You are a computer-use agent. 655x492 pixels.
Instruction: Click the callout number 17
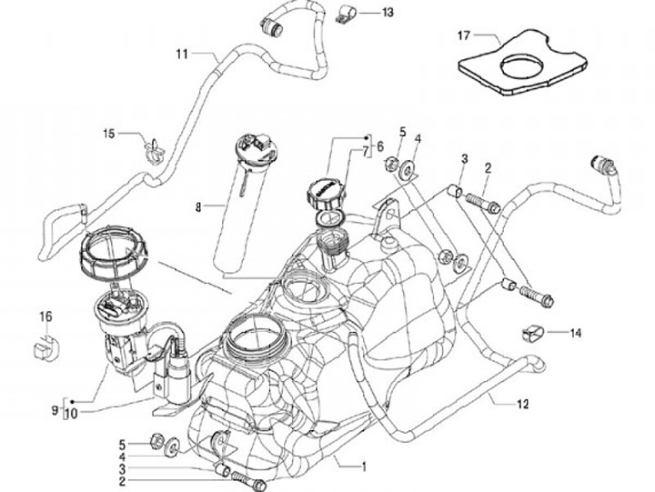(463, 35)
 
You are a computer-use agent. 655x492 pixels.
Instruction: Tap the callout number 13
(388, 13)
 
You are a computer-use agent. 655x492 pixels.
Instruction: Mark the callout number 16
(45, 316)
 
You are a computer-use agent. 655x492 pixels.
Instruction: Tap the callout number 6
(379, 145)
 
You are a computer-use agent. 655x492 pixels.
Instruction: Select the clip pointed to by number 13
(348, 15)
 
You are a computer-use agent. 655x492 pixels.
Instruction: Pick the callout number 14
(575, 333)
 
